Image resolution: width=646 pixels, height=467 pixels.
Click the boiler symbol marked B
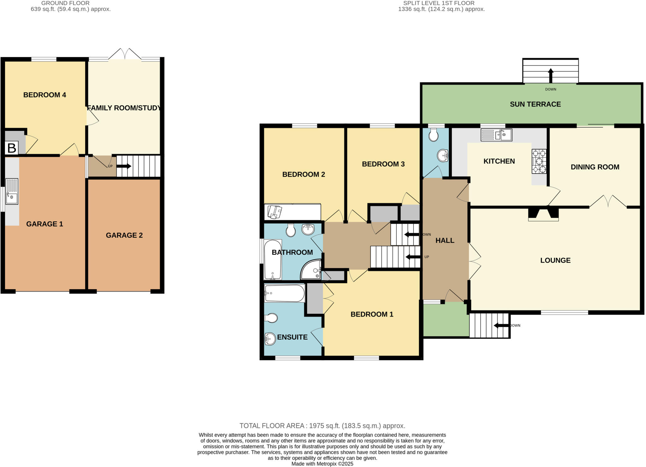pyautogui.click(x=12, y=148)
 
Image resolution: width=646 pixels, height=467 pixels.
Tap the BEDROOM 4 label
pyautogui.click(x=44, y=95)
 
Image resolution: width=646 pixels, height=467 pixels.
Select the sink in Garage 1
pyautogui.click(x=12, y=192)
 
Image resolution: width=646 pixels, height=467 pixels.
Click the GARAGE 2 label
pyautogui.click(x=124, y=235)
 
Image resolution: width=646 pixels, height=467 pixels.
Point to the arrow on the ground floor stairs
pyautogui.click(x=124, y=166)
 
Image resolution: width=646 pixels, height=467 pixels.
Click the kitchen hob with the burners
pyautogui.click(x=539, y=161)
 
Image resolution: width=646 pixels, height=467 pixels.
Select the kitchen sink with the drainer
pyautogui.click(x=496, y=135)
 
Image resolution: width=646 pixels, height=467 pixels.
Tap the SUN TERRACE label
pyautogui.click(x=535, y=104)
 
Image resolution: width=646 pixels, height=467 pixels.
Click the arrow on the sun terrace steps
pyautogui.click(x=550, y=75)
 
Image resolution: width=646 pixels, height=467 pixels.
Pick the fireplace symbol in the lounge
pyautogui.click(x=543, y=213)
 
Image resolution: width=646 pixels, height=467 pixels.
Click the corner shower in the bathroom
pyautogui.click(x=311, y=270)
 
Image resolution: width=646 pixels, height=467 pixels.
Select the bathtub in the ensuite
pyautogui.click(x=284, y=293)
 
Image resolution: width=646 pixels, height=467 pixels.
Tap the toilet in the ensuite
pyautogui.click(x=271, y=318)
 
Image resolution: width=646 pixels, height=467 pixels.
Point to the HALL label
pyautogui.click(x=445, y=241)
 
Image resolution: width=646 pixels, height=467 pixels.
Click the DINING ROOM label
pyautogui.click(x=595, y=167)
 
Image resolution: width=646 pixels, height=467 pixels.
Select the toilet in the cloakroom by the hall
pyautogui.click(x=434, y=135)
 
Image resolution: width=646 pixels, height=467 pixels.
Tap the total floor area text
pyautogui.click(x=322, y=426)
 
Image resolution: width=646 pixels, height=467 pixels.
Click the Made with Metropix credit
pyautogui.click(x=322, y=464)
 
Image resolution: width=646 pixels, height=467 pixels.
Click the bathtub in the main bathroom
pyautogui.click(x=273, y=260)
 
